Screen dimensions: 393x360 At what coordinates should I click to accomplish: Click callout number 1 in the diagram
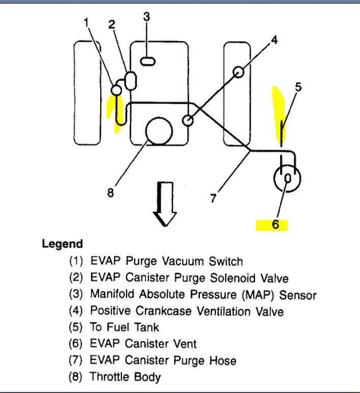coord(86,22)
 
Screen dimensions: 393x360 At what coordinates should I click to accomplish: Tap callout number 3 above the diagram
coord(146,17)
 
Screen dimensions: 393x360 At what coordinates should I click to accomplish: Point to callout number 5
coord(298,87)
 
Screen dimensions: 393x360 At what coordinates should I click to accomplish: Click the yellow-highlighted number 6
coord(275,224)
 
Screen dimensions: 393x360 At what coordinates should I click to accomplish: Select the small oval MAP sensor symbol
coord(148,62)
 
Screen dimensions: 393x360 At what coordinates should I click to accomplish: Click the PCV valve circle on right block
coord(239,72)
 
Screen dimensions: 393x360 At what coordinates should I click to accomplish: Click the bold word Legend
coord(62,244)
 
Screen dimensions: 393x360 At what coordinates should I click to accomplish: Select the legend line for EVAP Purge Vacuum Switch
coord(156,261)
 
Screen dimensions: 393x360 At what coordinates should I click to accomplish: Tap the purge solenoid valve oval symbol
coord(131,80)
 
